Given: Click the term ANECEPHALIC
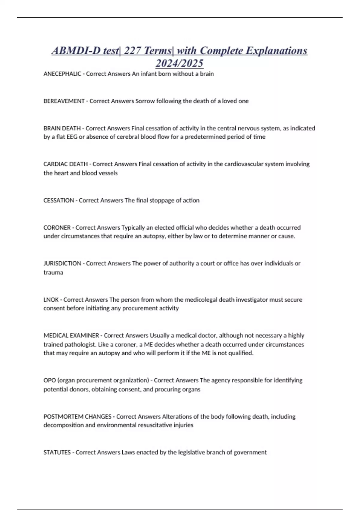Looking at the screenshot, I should click(x=62, y=74).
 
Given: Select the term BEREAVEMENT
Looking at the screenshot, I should click(x=64, y=101).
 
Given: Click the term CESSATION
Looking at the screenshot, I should click(x=58, y=200).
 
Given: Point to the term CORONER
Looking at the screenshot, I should click(x=57, y=228).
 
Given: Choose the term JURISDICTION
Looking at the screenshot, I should click(x=62, y=263).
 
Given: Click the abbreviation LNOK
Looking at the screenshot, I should click(x=51, y=300).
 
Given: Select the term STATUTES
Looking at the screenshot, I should click(x=57, y=452).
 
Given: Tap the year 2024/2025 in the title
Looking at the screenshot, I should click(x=179, y=63).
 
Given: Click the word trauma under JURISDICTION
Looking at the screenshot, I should click(x=53, y=273).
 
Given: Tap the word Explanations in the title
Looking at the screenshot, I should click(x=276, y=50).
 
